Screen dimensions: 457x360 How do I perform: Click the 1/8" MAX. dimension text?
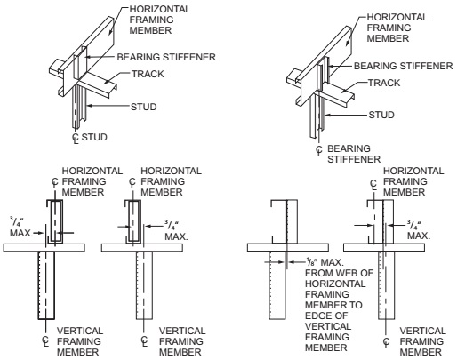pos(325,262)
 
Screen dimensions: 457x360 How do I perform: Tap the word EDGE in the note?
pos(317,316)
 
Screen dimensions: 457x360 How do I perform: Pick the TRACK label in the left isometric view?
pos(148,74)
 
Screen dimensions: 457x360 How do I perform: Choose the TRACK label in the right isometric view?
pos(384,83)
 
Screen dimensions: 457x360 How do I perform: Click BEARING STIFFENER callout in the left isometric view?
pos(166,57)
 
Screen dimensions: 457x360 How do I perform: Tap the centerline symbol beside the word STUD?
pos(76,138)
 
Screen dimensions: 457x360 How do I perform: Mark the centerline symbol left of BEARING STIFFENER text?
pos(319,151)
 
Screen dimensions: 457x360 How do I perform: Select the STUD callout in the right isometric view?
pos(381,115)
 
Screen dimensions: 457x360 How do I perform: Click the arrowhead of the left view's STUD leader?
pos(89,105)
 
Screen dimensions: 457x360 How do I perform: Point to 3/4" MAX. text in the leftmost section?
pos(21,227)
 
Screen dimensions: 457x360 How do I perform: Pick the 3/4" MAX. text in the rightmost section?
pos(418,230)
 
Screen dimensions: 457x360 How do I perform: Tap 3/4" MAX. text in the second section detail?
pos(176,230)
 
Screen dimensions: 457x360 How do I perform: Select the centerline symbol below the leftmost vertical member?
pos(45,340)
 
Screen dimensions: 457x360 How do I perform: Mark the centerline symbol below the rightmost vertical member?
pos(387,342)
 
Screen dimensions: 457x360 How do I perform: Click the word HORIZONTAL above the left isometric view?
pos(160,9)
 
